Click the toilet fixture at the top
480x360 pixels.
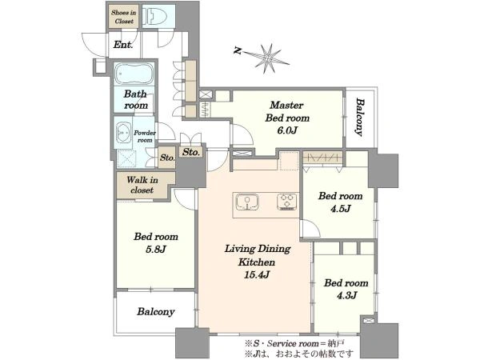coord(156,14)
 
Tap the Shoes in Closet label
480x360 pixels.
coord(124,17)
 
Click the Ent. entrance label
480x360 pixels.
coord(123,45)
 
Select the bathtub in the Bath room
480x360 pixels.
coord(134,74)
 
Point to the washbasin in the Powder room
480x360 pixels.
coord(123,133)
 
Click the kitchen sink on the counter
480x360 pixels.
coord(247,202)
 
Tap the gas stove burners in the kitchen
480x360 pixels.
coord(287,202)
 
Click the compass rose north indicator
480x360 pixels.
coord(268,58)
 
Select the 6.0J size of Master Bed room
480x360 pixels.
coord(287,130)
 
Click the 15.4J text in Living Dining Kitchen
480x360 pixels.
coord(257,274)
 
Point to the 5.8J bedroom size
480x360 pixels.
coord(155,249)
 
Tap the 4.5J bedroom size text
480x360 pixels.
coord(341,209)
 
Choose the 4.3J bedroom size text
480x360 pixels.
coord(346,295)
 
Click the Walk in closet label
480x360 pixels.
coord(142,185)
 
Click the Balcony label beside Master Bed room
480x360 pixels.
coord(360,117)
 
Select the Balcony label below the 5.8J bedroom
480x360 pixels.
coord(156,312)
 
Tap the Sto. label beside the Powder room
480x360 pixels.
coord(167,158)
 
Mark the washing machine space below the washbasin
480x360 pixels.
coord(126,158)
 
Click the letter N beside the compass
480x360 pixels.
coord(238,51)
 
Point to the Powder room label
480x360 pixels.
coord(145,137)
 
